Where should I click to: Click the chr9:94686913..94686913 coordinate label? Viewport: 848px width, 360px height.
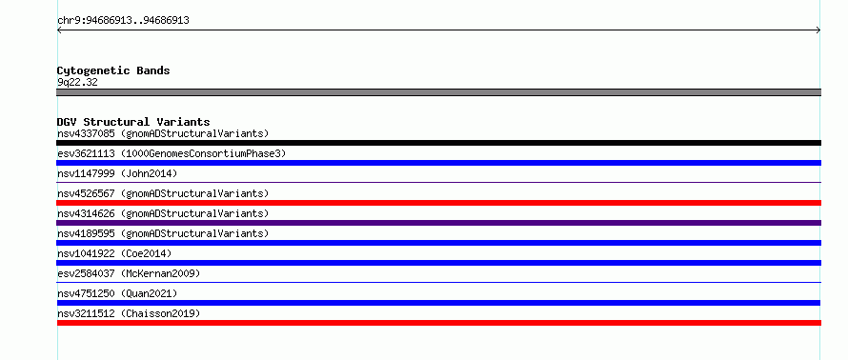click(123, 21)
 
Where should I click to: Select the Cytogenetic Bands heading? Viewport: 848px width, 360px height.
click(113, 70)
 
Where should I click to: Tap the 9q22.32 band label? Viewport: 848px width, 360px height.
click(77, 83)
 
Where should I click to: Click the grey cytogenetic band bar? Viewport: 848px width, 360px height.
click(438, 92)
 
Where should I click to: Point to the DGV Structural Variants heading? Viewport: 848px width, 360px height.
click(133, 122)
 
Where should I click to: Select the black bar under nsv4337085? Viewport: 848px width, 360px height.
click(438, 143)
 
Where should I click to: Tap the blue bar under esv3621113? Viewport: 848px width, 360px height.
click(438, 163)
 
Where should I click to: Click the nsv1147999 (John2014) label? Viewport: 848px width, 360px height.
click(117, 173)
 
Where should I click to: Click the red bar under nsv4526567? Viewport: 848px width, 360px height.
click(438, 203)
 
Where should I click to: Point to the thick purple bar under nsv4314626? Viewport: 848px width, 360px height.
click(438, 223)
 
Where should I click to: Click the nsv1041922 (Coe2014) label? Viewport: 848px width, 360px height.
click(114, 253)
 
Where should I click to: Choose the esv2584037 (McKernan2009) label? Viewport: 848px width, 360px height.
click(129, 273)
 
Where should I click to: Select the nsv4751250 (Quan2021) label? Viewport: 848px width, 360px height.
click(117, 293)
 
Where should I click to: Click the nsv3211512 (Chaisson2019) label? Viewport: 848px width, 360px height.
click(129, 313)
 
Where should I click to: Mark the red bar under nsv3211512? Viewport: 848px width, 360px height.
click(438, 323)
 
